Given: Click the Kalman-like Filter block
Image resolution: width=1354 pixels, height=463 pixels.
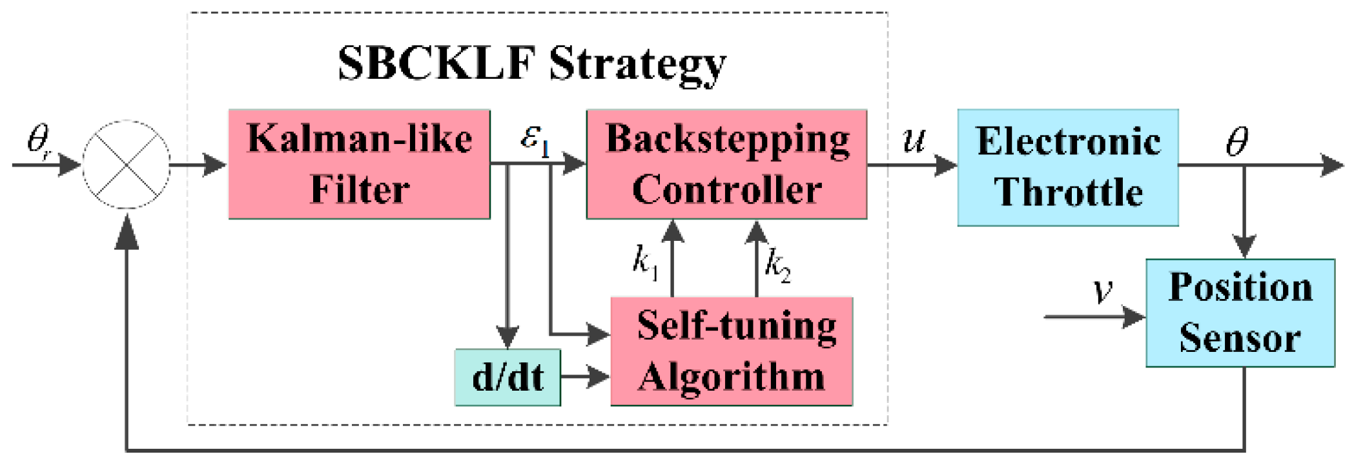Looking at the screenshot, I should pyautogui.click(x=359, y=164).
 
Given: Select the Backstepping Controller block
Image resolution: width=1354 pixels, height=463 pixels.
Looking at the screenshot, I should pyautogui.click(x=726, y=164).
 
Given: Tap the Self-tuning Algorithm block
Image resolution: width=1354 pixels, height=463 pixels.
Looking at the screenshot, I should pyautogui.click(x=732, y=351).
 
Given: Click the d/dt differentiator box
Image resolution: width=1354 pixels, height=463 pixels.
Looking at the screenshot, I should pyautogui.click(x=508, y=377).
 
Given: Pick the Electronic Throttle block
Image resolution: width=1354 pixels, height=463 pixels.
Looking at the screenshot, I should pyautogui.click(x=1067, y=167).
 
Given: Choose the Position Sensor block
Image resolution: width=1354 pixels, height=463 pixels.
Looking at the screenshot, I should pyautogui.click(x=1240, y=313).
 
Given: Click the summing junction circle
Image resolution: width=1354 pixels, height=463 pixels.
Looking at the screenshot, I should pyautogui.click(x=127, y=164).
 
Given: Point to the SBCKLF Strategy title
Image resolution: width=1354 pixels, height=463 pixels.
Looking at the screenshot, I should pyautogui.click(x=532, y=63).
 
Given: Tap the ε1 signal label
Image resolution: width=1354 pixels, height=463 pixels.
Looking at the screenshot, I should pyautogui.click(x=535, y=139).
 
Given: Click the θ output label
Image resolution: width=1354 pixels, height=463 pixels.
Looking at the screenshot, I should pyautogui.click(x=1236, y=141).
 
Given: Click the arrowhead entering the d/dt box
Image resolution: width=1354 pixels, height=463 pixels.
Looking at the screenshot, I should pyautogui.click(x=508, y=337).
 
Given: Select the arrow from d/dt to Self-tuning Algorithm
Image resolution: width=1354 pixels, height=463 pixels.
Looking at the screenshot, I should pyautogui.click(x=584, y=376).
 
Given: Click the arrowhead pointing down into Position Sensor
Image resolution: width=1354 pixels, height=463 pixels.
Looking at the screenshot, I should pyautogui.click(x=1244, y=246).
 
